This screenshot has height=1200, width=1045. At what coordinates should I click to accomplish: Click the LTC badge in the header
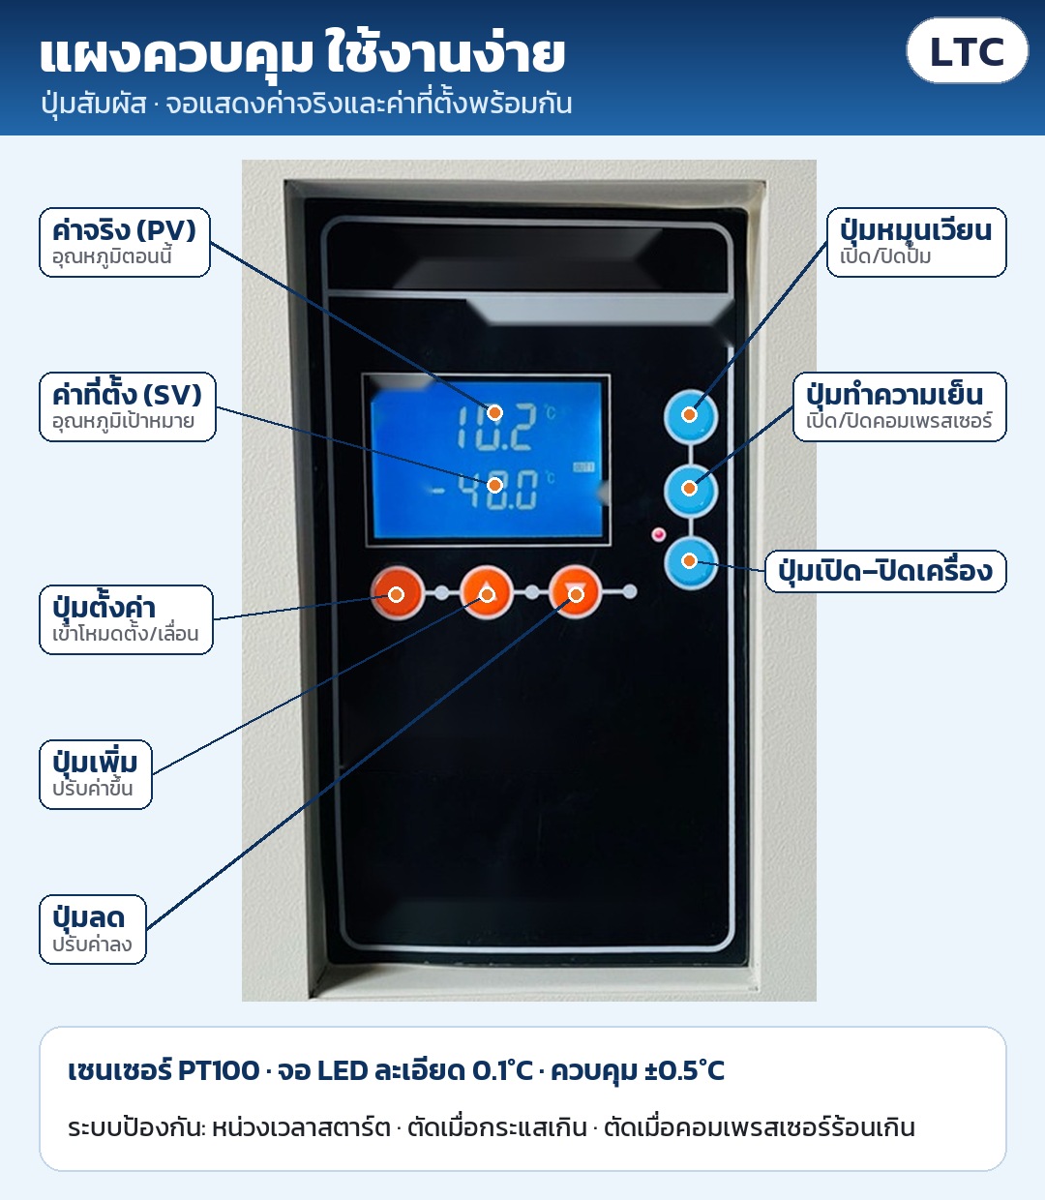coord(967,50)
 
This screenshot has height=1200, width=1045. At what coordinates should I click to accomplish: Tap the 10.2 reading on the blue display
coord(496,427)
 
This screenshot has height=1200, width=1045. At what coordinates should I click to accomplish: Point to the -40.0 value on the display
coord(485,489)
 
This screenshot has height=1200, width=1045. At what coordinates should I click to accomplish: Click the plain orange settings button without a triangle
coord(397,593)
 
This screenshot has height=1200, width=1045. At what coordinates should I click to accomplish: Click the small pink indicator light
coord(659,535)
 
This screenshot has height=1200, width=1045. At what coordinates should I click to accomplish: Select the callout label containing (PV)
coord(124,242)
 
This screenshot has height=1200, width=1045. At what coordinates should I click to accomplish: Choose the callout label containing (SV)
coord(128,406)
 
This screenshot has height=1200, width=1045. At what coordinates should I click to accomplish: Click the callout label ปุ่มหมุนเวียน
coord(916,242)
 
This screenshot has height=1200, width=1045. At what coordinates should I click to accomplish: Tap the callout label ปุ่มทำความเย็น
coord(900,406)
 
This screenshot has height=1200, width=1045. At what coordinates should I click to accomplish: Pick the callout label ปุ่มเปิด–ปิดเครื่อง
coord(885,571)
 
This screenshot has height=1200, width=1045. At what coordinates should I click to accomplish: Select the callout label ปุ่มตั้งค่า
coord(126,619)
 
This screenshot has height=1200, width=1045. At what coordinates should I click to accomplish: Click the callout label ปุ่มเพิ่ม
coord(96,774)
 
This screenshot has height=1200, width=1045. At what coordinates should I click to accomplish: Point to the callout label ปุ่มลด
coord(93,929)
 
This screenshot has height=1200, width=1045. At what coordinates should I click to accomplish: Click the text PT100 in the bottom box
coord(218,1071)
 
